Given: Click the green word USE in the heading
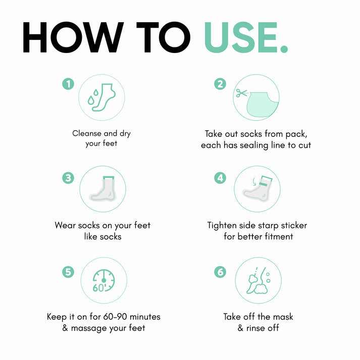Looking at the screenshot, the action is [x=241, y=37].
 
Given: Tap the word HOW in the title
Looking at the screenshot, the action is [x=73, y=37].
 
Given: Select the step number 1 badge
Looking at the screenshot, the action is [x=68, y=84].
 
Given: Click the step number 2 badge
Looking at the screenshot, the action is [x=220, y=84].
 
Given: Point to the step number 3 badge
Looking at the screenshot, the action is [x=68, y=178].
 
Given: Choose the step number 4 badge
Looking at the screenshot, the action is [x=220, y=178].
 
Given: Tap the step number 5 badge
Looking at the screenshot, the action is [x=68, y=272].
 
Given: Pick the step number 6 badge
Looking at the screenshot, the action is [x=220, y=272].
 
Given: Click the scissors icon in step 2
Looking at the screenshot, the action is [x=241, y=93].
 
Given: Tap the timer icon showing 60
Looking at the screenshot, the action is [x=104, y=281].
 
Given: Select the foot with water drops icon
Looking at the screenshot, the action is [x=101, y=97].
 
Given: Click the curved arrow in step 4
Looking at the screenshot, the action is [x=254, y=181].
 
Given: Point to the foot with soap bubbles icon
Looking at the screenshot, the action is [x=259, y=280].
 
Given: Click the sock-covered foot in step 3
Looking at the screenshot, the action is [x=103, y=189].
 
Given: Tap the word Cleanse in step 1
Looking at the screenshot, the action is [x=87, y=133].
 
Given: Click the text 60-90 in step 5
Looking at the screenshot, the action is [x=115, y=317].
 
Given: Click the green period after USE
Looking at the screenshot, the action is [x=284, y=49].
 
